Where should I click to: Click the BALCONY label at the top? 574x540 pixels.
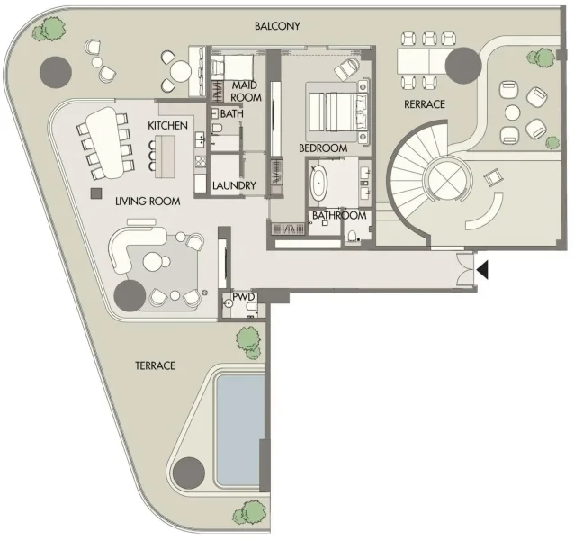(x=278, y=26)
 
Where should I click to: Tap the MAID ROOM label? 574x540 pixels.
(x=246, y=91)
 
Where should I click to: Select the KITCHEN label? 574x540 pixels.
(x=168, y=125)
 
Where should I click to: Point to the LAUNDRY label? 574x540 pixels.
(x=235, y=186)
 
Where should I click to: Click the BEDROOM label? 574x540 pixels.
(x=323, y=148)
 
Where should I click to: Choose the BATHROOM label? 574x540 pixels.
(x=339, y=216)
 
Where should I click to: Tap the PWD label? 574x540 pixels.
(x=244, y=295)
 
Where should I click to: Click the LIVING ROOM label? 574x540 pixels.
(x=147, y=201)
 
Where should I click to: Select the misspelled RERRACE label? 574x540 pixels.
(x=425, y=104)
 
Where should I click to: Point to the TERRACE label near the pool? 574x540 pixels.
(x=155, y=365)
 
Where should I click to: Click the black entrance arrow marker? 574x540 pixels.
(x=483, y=268)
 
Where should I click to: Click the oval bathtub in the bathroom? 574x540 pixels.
(x=320, y=184)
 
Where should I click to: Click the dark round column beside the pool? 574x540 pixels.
(x=189, y=472)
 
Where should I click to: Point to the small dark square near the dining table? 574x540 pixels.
(x=93, y=193)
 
